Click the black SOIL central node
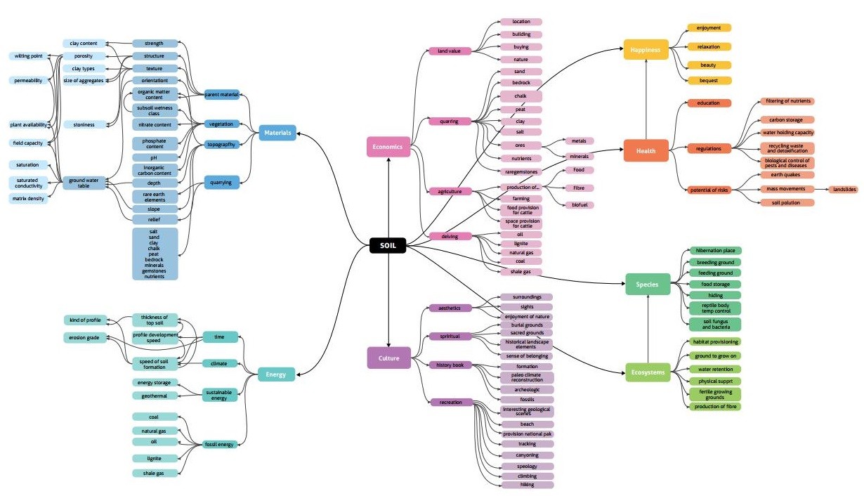(388, 246)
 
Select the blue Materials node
(277, 132)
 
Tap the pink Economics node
(388, 147)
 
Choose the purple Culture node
(388, 358)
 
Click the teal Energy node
(276, 374)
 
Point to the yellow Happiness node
(646, 50)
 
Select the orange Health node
(646, 150)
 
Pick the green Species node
(647, 285)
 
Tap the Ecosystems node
(647, 372)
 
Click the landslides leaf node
(843, 189)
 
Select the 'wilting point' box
(30, 56)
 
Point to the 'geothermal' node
(155, 396)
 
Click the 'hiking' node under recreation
(528, 485)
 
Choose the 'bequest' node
(709, 81)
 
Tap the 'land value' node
(450, 51)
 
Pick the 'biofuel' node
(580, 204)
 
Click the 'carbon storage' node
(787, 120)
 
